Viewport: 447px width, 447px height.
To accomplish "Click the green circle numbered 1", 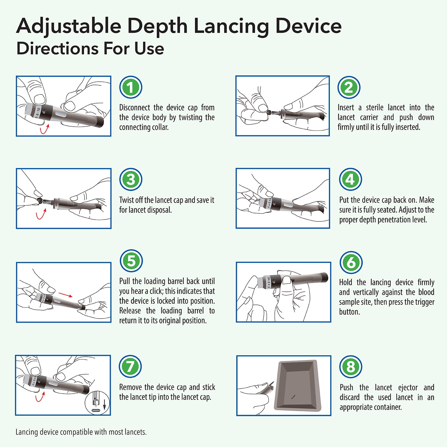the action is (131, 87).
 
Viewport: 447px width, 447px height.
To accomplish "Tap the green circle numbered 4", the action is (350, 179).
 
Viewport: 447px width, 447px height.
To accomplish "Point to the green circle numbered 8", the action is (351, 367).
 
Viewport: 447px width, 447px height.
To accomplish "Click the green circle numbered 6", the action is (351, 263).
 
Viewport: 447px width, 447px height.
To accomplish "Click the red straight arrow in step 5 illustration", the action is (66, 295).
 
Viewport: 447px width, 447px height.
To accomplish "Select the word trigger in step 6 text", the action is (424, 302).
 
